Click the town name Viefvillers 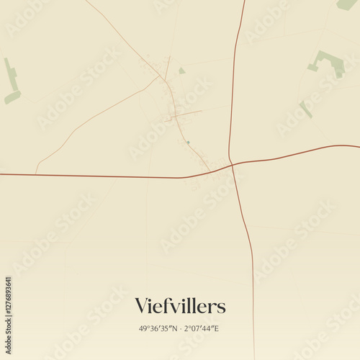coord(180,306)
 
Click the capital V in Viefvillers coord(142,306)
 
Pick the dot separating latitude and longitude coord(181,328)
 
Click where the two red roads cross coord(232,164)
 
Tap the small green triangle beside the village coord(181,71)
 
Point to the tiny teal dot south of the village coord(188,142)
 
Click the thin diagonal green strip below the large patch coord(306,109)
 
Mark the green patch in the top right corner coord(347,4)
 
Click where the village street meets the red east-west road coord(211,171)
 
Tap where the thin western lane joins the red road coord(35,174)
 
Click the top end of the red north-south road coord(244,1)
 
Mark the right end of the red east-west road coord(358,147)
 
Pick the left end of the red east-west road coord(1,174)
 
